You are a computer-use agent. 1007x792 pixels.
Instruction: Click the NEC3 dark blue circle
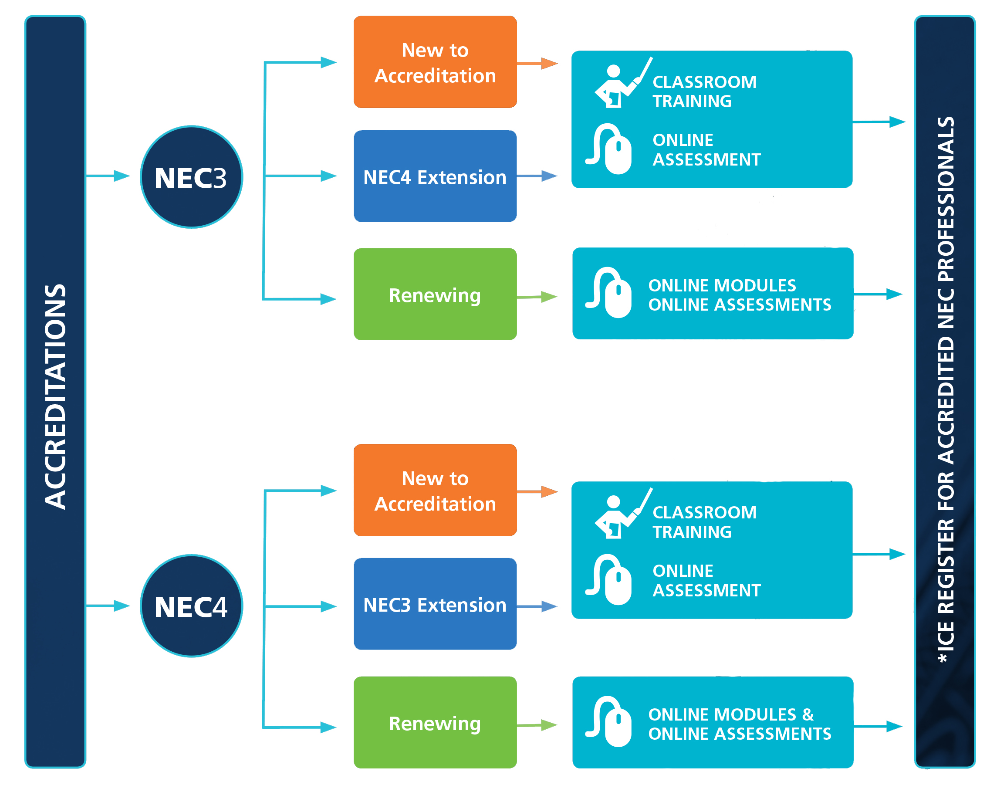(x=191, y=177)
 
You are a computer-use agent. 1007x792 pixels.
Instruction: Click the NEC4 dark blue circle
(x=191, y=606)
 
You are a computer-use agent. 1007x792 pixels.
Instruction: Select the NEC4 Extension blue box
(x=434, y=176)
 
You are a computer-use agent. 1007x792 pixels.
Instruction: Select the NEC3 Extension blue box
(x=434, y=604)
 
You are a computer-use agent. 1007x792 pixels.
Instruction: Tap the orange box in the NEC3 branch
(x=434, y=62)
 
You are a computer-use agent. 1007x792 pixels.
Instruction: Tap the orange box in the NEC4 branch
(x=434, y=490)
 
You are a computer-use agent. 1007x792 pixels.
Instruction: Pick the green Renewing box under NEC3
(x=434, y=294)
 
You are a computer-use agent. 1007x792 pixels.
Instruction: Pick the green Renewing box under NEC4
(x=434, y=722)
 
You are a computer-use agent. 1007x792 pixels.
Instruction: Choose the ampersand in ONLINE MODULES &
(x=808, y=714)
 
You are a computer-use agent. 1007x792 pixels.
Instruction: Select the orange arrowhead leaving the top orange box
(x=550, y=63)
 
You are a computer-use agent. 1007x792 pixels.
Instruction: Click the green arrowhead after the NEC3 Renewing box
(x=549, y=297)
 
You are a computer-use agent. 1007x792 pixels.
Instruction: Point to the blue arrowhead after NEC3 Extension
(x=550, y=606)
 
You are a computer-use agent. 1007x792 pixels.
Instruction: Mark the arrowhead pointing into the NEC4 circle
(x=122, y=606)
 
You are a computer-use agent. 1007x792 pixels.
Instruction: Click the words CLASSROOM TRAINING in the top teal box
(x=704, y=91)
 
